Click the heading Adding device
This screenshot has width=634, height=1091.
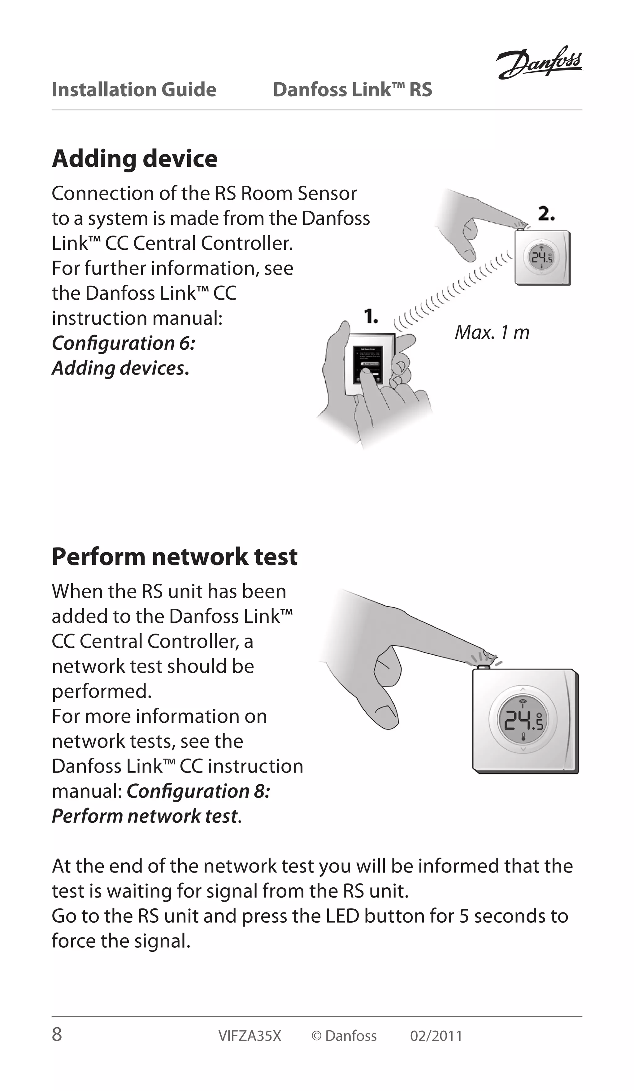135,158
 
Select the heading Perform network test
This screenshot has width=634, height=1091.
175,557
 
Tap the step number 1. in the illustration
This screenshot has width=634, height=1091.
371,317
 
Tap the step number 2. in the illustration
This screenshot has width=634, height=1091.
546,214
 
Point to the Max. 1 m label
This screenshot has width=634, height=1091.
492,332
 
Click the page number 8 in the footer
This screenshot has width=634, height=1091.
57,1035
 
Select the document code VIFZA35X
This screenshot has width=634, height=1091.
250,1036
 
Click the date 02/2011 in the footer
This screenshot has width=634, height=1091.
436,1036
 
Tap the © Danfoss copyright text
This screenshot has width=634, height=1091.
344,1036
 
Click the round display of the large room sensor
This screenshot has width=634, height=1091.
523,720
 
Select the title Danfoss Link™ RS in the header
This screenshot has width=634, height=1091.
352,90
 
